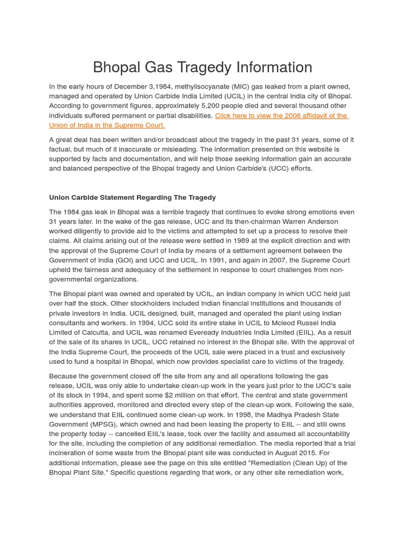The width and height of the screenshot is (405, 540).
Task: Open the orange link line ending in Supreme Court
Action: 107,125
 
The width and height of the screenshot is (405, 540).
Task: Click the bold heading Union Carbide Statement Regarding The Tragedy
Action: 132,197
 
